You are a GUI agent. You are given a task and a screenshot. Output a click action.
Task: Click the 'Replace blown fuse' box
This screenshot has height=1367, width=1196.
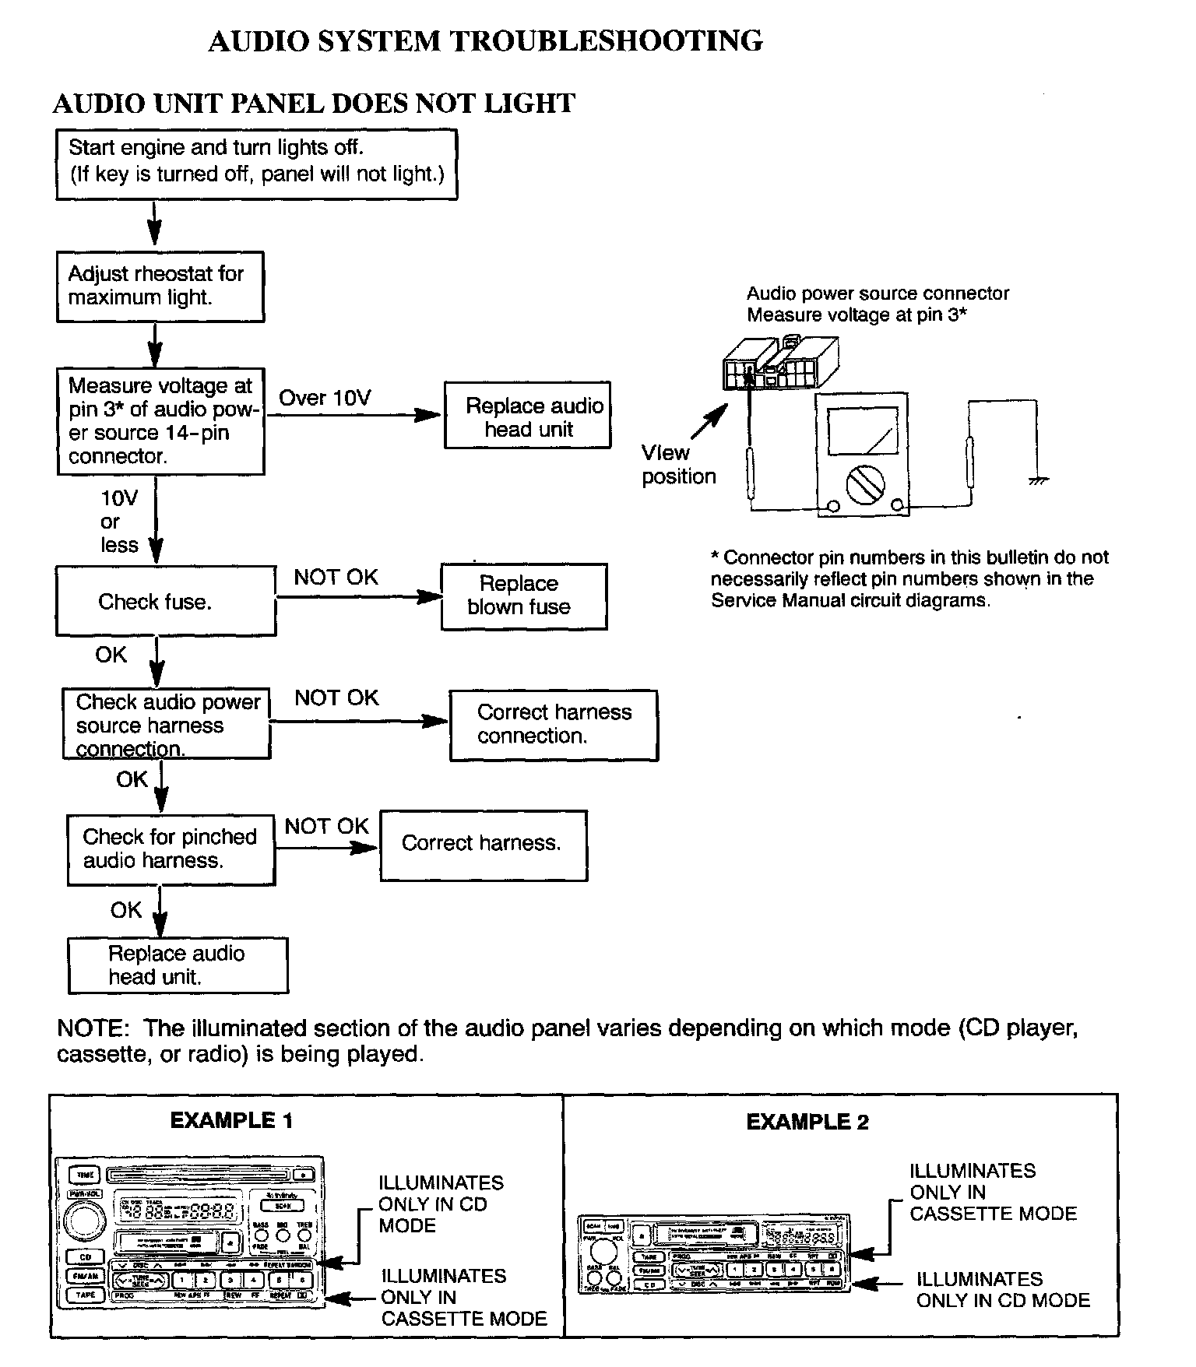point(523,596)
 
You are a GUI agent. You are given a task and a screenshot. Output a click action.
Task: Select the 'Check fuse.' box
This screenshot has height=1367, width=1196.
point(165,601)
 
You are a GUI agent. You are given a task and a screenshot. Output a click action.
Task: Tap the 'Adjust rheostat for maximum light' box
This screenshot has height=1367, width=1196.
point(160,286)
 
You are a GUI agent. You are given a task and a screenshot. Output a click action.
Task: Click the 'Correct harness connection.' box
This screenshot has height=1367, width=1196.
point(554,725)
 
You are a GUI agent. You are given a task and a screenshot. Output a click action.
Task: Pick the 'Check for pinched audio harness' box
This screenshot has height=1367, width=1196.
point(171,849)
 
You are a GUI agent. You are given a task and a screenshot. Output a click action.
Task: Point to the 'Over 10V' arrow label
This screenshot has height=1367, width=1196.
point(325,398)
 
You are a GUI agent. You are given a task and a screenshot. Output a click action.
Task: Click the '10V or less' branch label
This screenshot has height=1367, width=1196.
point(118,522)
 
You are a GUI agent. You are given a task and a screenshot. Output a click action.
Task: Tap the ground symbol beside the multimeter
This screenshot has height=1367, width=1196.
point(1038,480)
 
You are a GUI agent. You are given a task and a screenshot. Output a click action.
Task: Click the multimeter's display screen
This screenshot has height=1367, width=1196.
point(862,430)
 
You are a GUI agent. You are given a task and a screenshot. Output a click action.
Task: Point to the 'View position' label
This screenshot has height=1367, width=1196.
point(677,465)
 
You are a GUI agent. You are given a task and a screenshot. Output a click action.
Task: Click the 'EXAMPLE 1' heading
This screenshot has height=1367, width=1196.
point(231,1120)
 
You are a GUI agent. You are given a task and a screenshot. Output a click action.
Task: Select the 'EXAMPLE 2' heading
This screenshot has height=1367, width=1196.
point(807,1122)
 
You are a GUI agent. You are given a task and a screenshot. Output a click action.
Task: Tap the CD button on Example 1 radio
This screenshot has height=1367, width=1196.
point(86,1257)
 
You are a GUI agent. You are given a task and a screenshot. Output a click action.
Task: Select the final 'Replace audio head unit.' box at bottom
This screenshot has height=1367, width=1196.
point(178,965)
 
